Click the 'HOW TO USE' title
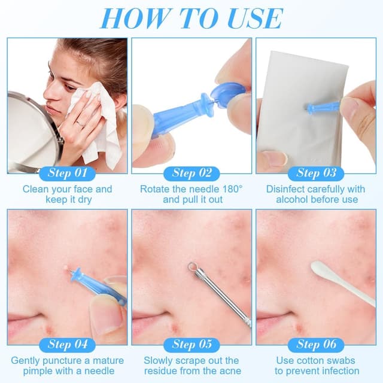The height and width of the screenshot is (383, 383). (192, 19)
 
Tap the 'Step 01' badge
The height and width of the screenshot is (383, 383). (67, 174)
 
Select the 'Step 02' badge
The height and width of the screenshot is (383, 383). (191, 174)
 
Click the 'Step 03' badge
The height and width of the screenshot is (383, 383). (316, 174)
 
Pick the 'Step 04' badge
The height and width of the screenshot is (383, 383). (67, 345)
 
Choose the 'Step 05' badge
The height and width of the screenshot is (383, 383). (191, 345)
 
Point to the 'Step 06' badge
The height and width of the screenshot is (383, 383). (316, 345)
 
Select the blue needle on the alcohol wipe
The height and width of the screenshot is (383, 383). (323, 108)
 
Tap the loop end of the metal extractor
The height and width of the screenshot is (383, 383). (192, 266)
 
